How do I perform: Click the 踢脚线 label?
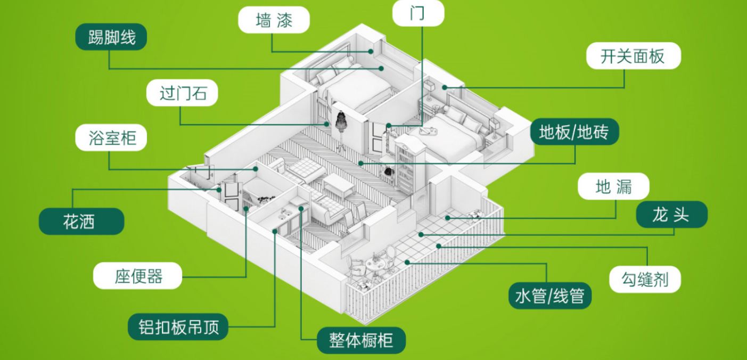[x=111, y=37]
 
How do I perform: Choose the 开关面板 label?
[x=633, y=55]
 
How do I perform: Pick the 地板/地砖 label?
[x=575, y=132]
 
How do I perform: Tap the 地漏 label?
[x=613, y=186]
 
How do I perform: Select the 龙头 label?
[x=671, y=215]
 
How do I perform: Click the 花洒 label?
[x=81, y=221]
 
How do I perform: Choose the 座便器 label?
[x=137, y=276]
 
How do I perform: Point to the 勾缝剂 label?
[x=644, y=279]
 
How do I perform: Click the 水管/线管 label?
[x=550, y=296]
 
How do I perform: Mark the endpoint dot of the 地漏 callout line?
[x=447, y=218]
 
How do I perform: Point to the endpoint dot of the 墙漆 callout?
[x=371, y=52]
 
